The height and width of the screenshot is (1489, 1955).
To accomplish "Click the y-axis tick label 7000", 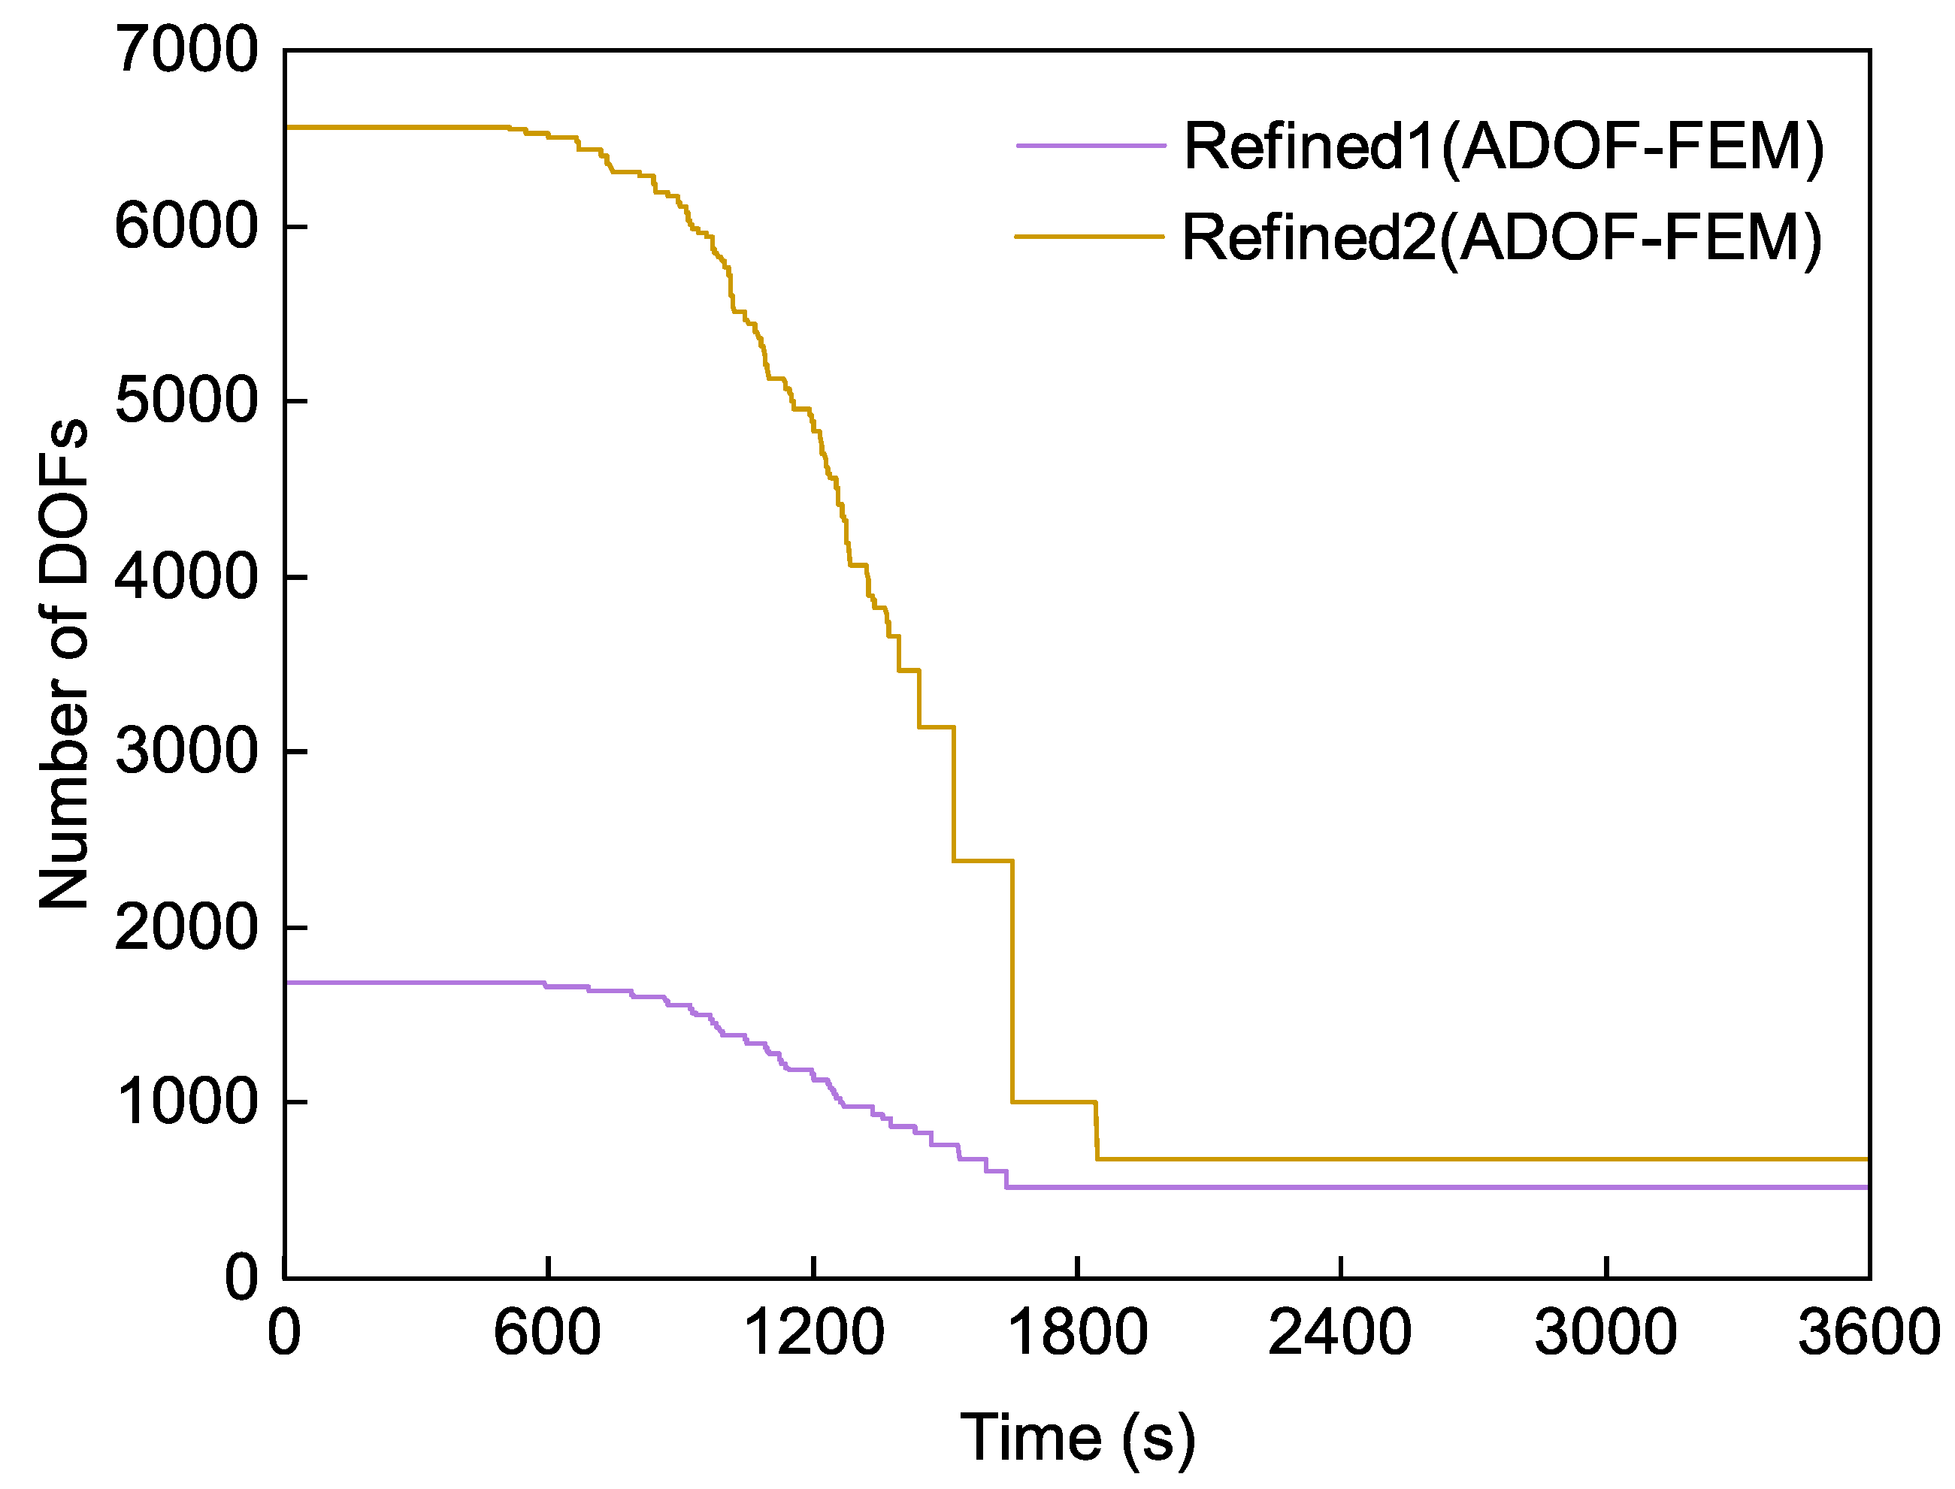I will click(x=186, y=50).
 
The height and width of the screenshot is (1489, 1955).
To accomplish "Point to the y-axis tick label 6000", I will click(x=186, y=227).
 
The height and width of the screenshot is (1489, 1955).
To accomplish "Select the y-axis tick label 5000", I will click(x=186, y=401).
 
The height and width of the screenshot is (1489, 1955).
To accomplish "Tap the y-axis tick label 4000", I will click(x=186, y=577).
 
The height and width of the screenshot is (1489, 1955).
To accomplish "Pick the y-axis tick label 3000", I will click(x=186, y=751).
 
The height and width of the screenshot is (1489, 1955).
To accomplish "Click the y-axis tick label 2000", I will click(x=186, y=928).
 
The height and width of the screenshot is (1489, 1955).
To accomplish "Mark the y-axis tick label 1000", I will click(x=186, y=1103).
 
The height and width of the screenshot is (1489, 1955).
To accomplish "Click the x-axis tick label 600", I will click(x=547, y=1332).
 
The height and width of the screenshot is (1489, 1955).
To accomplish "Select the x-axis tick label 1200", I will click(x=813, y=1332).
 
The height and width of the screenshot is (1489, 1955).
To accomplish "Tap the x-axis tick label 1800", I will click(x=1077, y=1332).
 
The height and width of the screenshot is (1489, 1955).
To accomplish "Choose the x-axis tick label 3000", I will click(x=1605, y=1332).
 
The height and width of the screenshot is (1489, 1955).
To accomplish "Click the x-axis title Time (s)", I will click(x=1077, y=1436).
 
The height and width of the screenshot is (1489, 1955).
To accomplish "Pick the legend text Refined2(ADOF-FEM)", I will click(x=1502, y=237).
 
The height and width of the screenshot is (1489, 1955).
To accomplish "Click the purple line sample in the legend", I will click(x=1091, y=144).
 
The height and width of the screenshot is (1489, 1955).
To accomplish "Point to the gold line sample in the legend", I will click(x=1089, y=237).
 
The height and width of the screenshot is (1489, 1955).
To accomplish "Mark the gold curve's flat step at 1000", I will click(x=1053, y=1101).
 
